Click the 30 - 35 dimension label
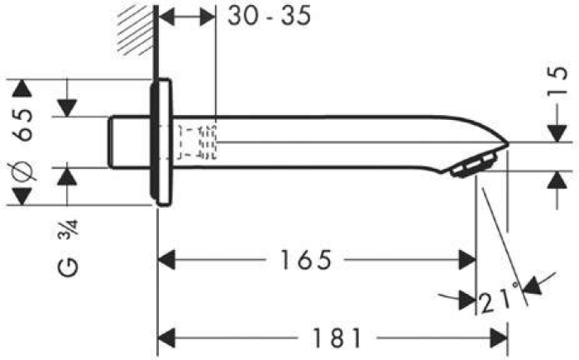pos(269,16)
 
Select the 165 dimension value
pos(306,260)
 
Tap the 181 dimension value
pos(337,338)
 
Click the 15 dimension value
pos(557,81)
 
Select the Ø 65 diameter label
pos(22,144)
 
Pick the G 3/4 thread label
pos(69,247)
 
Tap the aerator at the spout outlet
pos(473,166)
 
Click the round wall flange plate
pos(161,142)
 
